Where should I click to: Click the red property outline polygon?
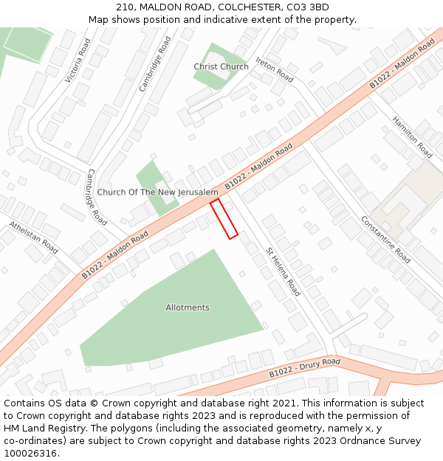pos(224,219)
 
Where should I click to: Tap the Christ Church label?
pos(221,66)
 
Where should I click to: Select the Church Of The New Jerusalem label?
pos(158,193)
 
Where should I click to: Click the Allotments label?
pos(188,308)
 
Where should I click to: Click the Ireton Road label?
pos(275,70)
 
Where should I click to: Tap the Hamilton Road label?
pos(412,137)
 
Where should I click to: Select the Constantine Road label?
pos(385,240)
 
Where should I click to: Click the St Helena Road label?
pos(284,271)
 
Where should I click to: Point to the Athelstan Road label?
pos(33,237)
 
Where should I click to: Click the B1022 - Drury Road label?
pos(305,367)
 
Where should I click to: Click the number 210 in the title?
pos(125,7)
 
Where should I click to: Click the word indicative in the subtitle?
pos(252,20)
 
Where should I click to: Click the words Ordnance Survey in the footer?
pos(388,441)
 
